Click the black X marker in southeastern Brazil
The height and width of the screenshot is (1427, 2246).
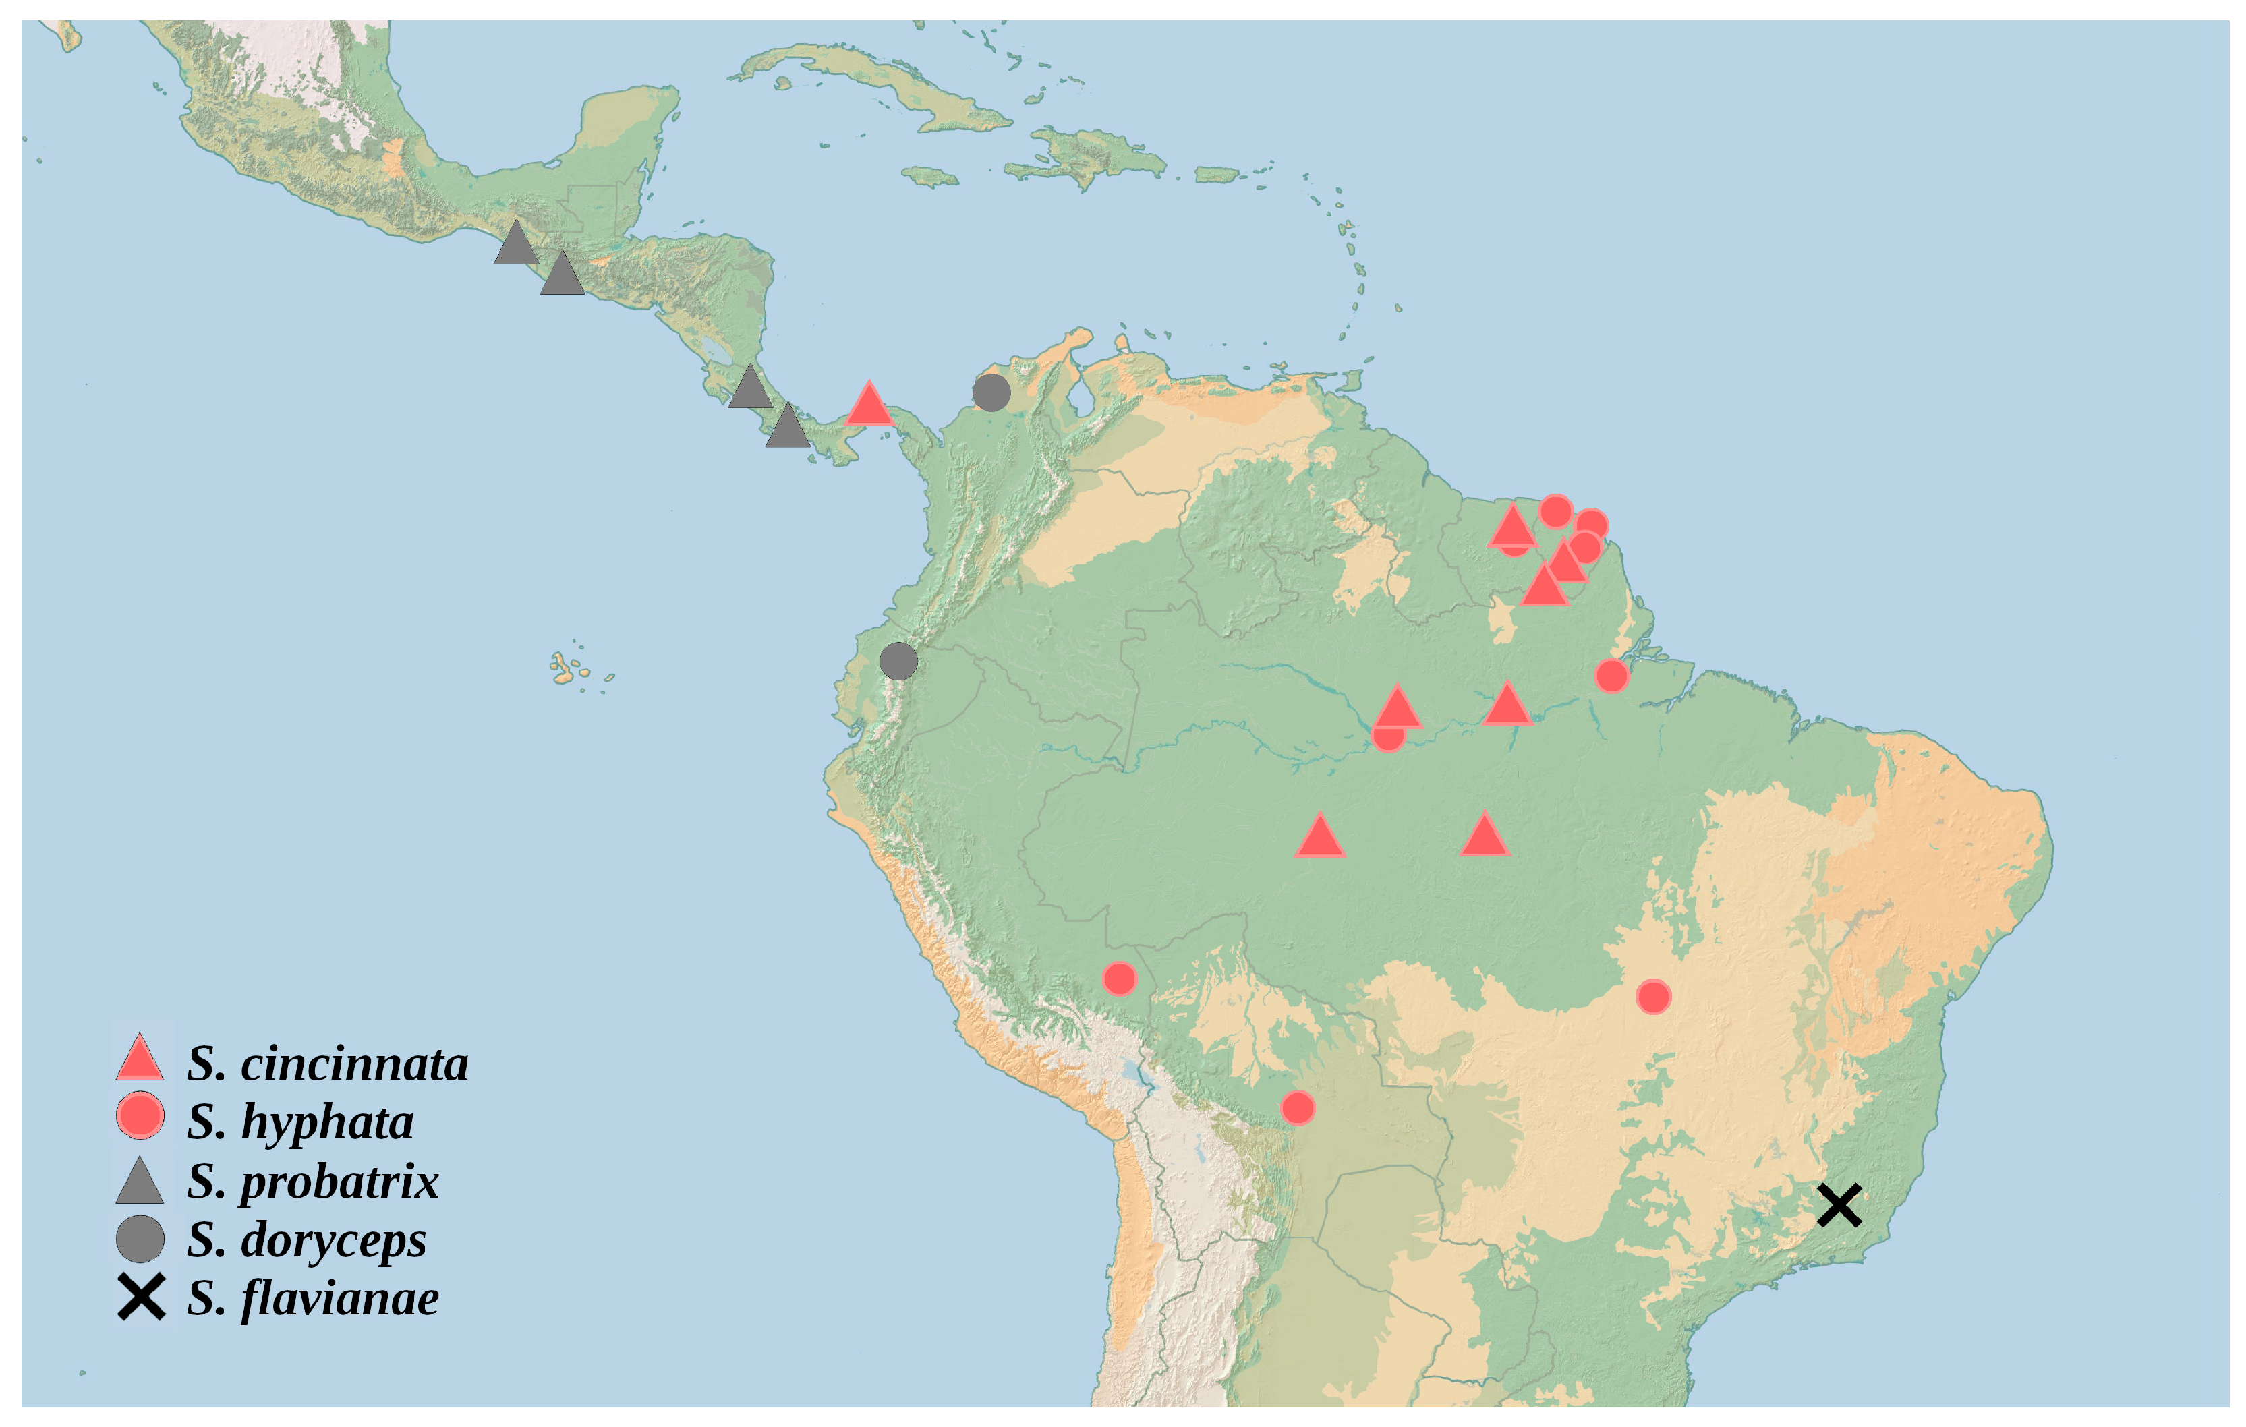tap(1839, 1205)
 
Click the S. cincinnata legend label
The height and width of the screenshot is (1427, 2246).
tap(326, 1064)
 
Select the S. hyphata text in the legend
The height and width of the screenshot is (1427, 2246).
tap(299, 1122)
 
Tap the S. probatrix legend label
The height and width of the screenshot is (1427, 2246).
tap(312, 1182)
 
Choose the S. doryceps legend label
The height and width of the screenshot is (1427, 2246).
tap(306, 1240)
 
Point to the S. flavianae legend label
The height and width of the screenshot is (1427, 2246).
tap(312, 1298)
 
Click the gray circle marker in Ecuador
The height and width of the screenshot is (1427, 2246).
tap(898, 662)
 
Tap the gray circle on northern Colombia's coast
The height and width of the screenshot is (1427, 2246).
tap(991, 392)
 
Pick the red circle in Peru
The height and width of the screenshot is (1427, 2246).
tap(1119, 979)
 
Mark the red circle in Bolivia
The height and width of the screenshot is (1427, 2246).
tap(1298, 1108)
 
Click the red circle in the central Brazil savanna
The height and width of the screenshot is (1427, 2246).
tap(1652, 997)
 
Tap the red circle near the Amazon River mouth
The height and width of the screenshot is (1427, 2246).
tap(1612, 675)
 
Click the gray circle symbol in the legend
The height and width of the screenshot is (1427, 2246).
tap(140, 1240)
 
